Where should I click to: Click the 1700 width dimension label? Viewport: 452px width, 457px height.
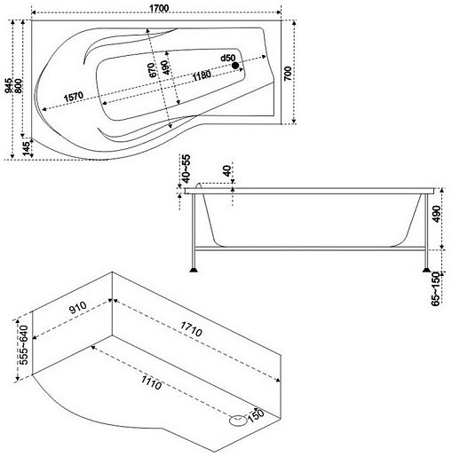(x=159, y=8)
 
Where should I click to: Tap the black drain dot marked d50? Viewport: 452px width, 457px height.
(x=235, y=66)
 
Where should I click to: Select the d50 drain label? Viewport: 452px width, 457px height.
(x=228, y=58)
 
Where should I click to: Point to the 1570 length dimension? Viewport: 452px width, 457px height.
(x=74, y=97)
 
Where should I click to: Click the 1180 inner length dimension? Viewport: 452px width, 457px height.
(x=202, y=75)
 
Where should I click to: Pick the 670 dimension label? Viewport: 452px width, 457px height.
(x=152, y=70)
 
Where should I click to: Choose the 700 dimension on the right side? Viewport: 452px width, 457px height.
(x=288, y=74)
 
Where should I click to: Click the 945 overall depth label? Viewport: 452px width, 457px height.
(x=9, y=85)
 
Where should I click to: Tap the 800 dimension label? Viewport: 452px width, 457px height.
(x=18, y=86)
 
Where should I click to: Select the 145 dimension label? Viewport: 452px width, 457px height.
(x=28, y=149)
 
